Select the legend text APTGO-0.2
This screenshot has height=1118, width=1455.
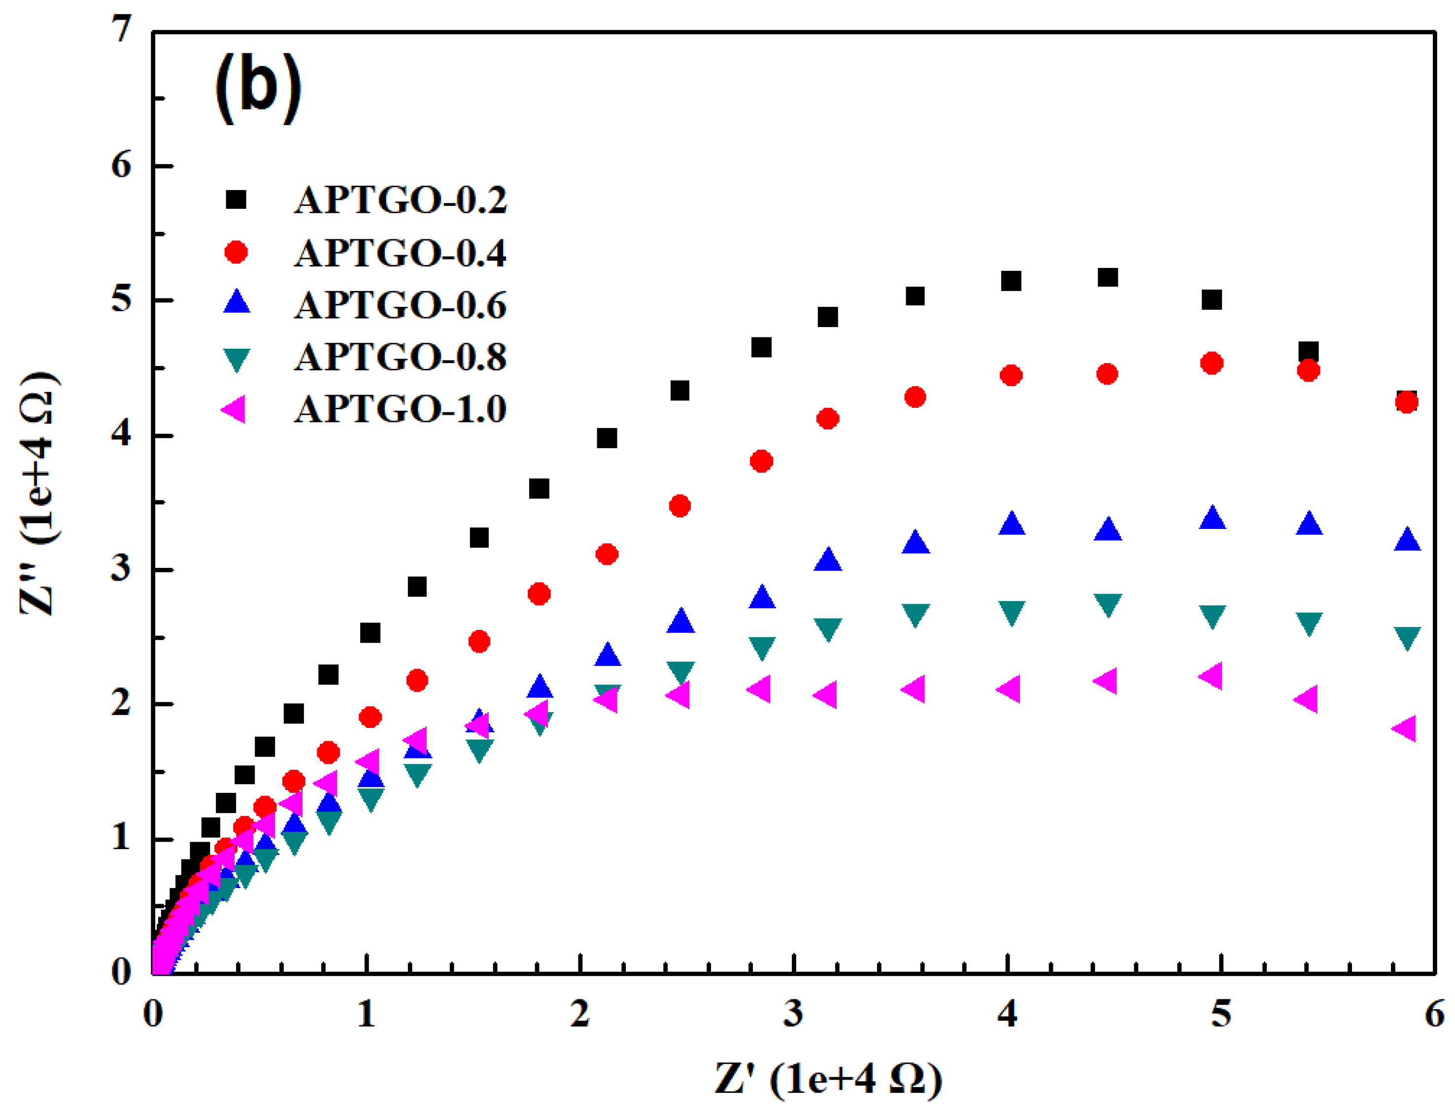pos(400,199)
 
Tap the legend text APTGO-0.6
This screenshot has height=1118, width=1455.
pos(400,305)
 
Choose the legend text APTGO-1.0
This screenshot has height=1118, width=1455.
pos(400,409)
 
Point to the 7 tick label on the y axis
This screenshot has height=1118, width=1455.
pos(122,30)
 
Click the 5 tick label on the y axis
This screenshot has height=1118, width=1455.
pos(122,299)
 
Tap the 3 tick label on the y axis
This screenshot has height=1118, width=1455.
pos(122,570)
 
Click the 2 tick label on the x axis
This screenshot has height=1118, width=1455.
pos(580,1014)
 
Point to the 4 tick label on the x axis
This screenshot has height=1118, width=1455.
pos(1007,1014)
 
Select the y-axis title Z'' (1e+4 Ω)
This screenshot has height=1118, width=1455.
pos(38,494)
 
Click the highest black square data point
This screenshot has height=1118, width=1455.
pos(1107,277)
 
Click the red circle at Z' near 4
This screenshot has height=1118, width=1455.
pos(1011,375)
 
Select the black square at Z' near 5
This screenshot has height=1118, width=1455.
pos(1212,299)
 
